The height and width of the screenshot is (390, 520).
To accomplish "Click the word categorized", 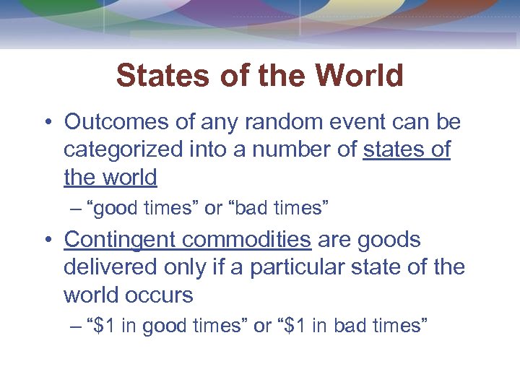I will coord(123,150).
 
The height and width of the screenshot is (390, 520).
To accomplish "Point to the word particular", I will coord(298,267).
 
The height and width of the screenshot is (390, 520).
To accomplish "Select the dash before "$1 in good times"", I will coord(77,326).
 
